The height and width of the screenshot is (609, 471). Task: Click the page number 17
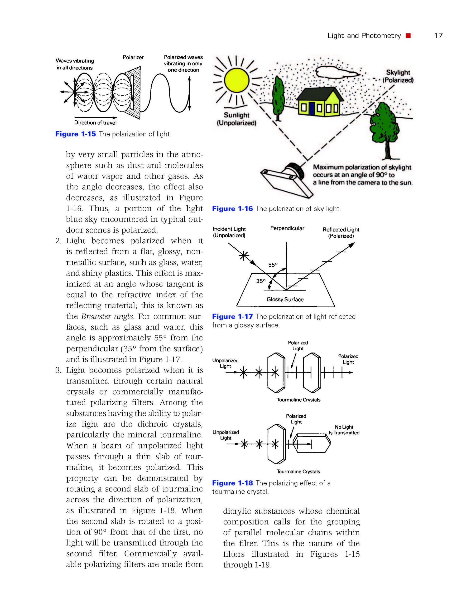tap(438, 36)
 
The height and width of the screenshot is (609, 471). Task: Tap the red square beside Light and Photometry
tap(408, 36)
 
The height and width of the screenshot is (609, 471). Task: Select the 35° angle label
tap(261, 281)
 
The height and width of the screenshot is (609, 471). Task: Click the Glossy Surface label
tap(285, 300)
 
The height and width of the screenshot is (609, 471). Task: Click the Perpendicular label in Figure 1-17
tap(287, 228)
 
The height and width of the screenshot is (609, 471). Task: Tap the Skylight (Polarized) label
tap(398, 76)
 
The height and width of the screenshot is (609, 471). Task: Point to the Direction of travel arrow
tap(96, 117)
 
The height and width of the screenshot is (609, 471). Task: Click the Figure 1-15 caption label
tap(76, 134)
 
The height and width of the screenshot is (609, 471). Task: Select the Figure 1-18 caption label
tap(232, 483)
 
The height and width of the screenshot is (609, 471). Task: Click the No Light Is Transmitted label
tap(344, 430)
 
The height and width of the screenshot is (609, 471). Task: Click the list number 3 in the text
tap(58, 370)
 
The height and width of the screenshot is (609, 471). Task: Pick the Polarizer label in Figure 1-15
tap(133, 57)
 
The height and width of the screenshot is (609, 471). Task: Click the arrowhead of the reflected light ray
tap(352, 245)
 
